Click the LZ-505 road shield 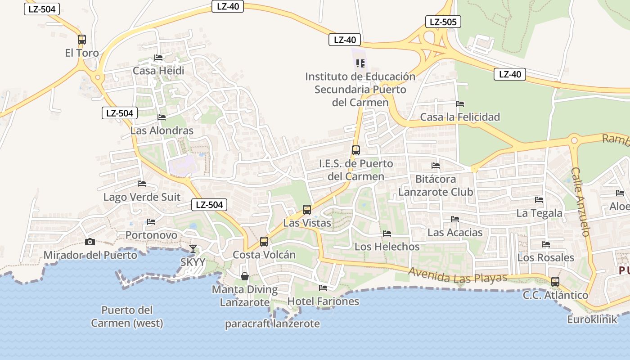pyautogui.click(x=443, y=22)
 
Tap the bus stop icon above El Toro pyautogui.click(x=81, y=40)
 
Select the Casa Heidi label pyautogui.click(x=158, y=71)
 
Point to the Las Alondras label pyautogui.click(x=162, y=130)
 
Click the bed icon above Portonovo pyautogui.click(x=151, y=222)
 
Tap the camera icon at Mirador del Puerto pyautogui.click(x=90, y=242)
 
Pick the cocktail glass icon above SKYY pyautogui.click(x=193, y=249)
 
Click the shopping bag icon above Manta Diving pyautogui.click(x=245, y=276)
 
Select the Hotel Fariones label pyautogui.click(x=323, y=301)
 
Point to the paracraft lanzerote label pyautogui.click(x=272, y=324)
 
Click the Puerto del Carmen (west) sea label pyautogui.click(x=127, y=316)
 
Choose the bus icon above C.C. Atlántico pyautogui.click(x=555, y=282)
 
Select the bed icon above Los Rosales pyautogui.click(x=546, y=244)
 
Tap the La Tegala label pyautogui.click(x=539, y=213)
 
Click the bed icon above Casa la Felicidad pyautogui.click(x=460, y=104)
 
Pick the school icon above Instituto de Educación pyautogui.click(x=360, y=63)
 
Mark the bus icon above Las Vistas pyautogui.click(x=307, y=210)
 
